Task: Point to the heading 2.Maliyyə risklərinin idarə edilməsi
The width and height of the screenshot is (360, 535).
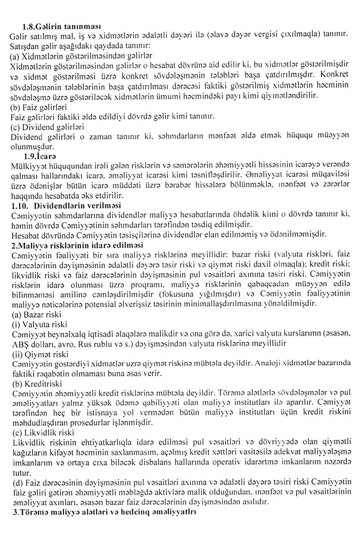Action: tap(76, 245)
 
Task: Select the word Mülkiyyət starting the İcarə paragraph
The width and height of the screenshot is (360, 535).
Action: tap(28, 166)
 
